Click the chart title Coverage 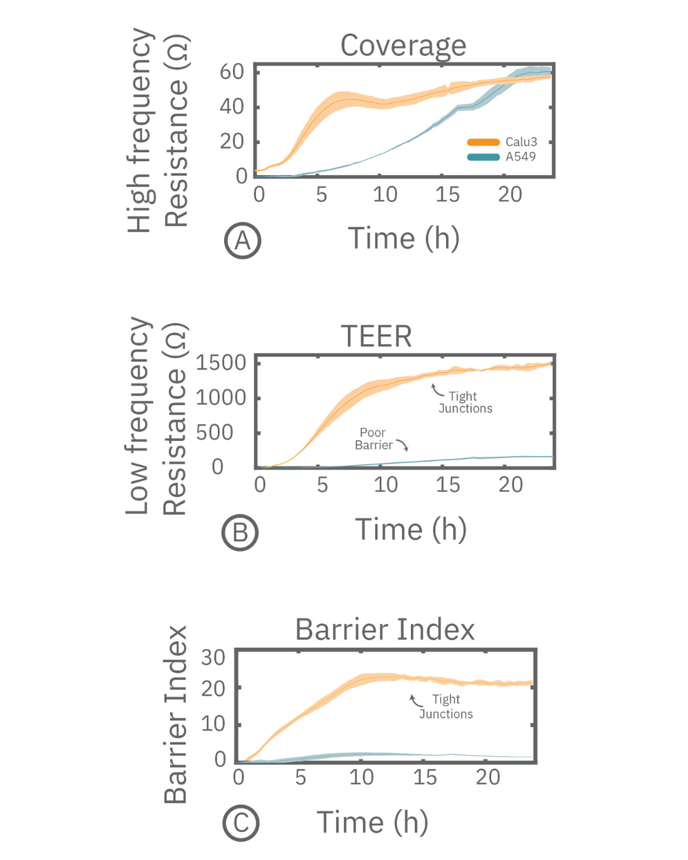point(403,46)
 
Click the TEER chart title point(376,336)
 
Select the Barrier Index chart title point(385,629)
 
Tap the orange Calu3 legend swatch point(483,142)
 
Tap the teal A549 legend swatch point(483,157)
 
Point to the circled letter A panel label point(243,241)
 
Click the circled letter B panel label point(240,533)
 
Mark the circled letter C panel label point(241,823)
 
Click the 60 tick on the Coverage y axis point(232,72)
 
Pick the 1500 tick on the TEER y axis point(220,363)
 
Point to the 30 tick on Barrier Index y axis point(213,657)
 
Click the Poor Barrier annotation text point(373,439)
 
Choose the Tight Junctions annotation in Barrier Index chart point(446,706)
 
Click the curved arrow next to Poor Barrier point(402,444)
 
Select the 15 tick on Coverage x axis point(447,195)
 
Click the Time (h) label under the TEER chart point(411,529)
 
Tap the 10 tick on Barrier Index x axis point(361,777)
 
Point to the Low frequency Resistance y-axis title point(156,415)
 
